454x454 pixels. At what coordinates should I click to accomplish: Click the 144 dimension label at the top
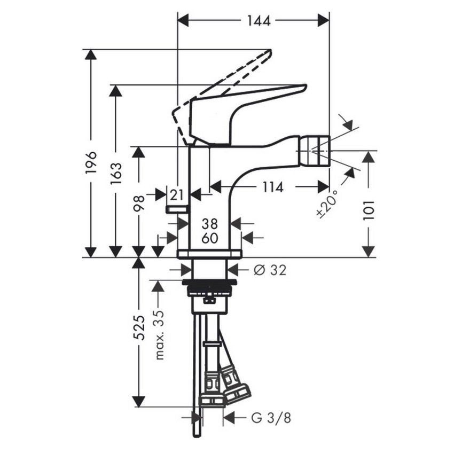coord(259,20)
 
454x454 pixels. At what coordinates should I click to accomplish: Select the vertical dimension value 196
coord(91,162)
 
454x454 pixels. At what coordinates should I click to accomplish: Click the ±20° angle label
coord(327,203)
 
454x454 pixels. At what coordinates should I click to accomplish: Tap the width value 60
coord(209,238)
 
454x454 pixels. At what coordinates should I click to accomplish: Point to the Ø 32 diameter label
coord(270,270)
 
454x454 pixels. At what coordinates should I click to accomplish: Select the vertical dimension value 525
coord(139,327)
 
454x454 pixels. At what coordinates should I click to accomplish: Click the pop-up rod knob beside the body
coord(177,209)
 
